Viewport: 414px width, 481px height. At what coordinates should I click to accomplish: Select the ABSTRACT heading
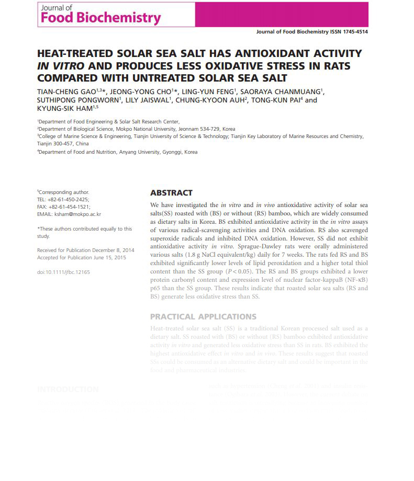pyautogui.click(x=171, y=193)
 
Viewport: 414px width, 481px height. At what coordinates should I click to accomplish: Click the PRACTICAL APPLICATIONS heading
pyautogui.click(x=203, y=316)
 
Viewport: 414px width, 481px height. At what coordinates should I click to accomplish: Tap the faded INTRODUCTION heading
pyautogui.click(x=68, y=390)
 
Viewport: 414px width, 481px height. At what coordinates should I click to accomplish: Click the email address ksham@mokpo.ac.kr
pyautogui.click(x=77, y=214)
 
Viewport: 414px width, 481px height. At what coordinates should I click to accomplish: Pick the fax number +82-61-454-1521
pyautogui.click(x=69, y=207)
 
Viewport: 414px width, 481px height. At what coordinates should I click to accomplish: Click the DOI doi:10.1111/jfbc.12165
pyautogui.click(x=63, y=272)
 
